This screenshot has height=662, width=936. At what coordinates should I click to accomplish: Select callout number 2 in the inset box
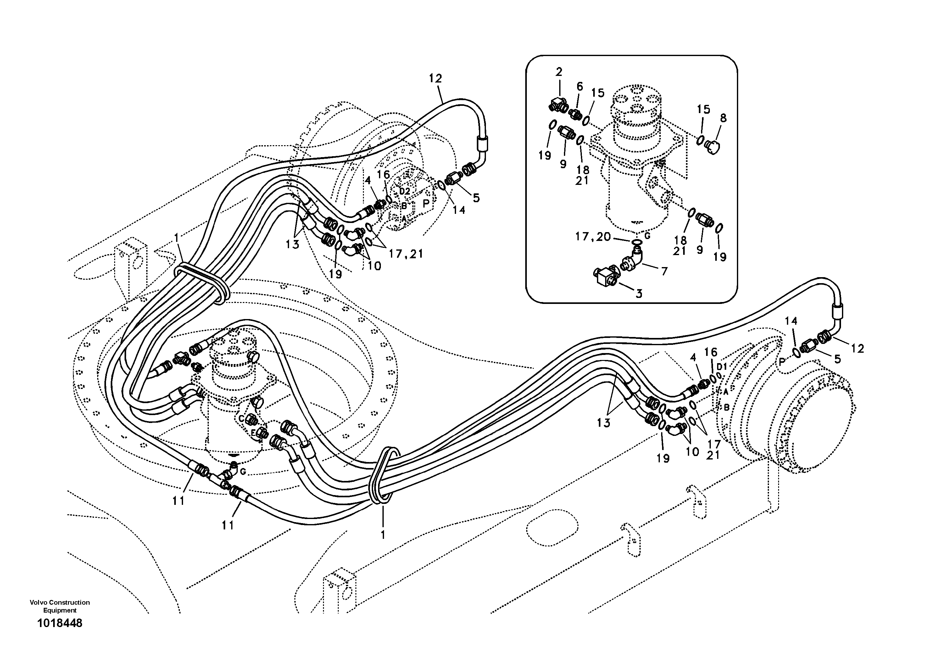(559, 72)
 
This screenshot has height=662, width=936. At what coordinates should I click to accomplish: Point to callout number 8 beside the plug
(723, 118)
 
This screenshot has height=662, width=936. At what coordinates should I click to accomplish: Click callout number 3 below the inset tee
(639, 294)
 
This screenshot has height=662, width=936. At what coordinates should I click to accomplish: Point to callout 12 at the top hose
(435, 78)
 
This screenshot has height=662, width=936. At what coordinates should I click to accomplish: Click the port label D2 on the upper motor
(404, 191)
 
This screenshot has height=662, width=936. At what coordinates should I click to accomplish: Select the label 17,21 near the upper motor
(406, 254)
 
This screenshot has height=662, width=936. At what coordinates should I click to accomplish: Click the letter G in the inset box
(647, 236)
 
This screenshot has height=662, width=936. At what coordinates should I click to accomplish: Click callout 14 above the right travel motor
(791, 321)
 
